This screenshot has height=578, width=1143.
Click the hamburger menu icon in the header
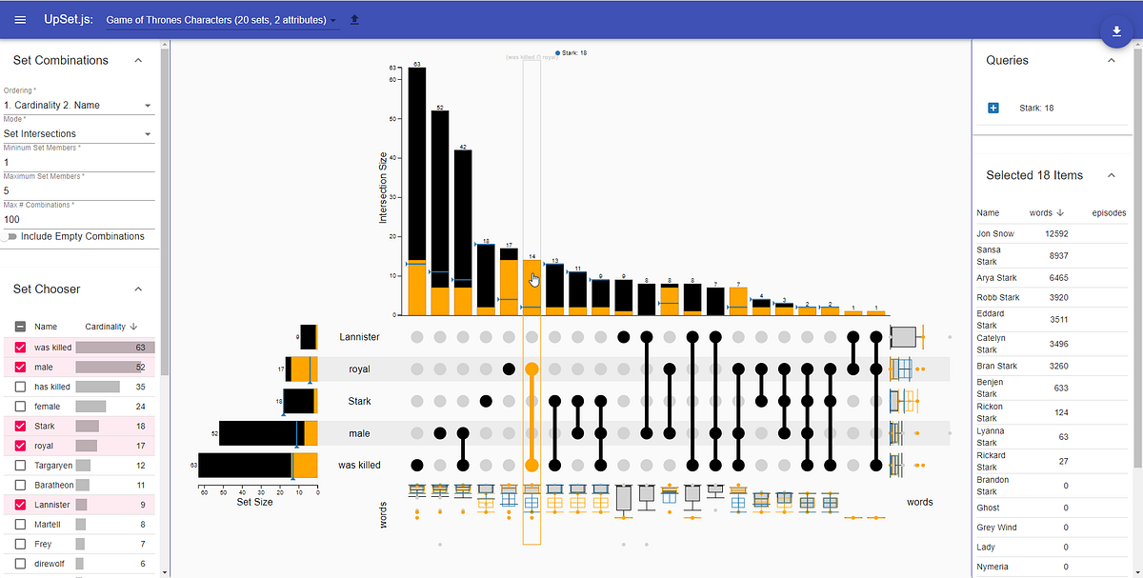[x=20, y=20]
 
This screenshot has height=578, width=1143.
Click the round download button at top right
[x=1115, y=31]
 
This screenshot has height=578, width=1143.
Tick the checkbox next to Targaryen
[x=20, y=466]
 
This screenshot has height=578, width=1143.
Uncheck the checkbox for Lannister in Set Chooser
[x=20, y=505]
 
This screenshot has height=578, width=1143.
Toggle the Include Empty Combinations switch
[x=11, y=236]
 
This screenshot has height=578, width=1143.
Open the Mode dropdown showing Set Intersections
[x=78, y=134]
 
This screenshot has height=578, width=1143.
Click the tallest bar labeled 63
[x=416, y=190]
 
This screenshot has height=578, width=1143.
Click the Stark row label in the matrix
[x=359, y=401]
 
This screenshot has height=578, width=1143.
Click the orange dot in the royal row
[x=531, y=369]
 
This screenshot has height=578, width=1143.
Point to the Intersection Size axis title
[x=384, y=188]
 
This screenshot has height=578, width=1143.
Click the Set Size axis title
[x=254, y=502]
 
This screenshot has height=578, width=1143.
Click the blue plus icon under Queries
[x=993, y=109]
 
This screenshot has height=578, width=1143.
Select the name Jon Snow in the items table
[x=995, y=233]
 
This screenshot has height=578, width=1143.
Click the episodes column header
[x=1108, y=213]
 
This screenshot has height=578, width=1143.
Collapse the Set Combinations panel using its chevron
[x=138, y=60]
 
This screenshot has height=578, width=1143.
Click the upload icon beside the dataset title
[x=355, y=20]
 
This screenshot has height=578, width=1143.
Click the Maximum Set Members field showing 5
[x=78, y=190]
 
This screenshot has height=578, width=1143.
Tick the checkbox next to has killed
[x=20, y=388]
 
